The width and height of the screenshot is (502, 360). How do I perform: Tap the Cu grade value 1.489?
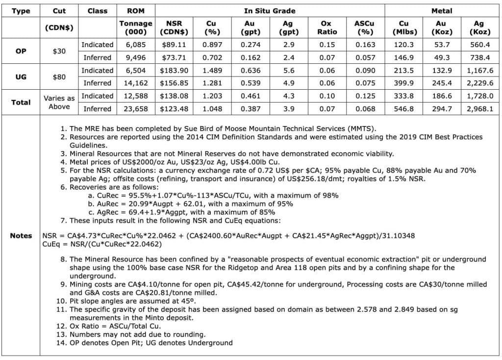211,70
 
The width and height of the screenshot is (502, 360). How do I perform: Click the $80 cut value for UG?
59,77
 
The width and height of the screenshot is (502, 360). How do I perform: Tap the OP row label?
21,51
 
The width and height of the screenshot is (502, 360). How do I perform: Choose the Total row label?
21,102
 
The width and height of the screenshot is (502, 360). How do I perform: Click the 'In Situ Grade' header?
270,10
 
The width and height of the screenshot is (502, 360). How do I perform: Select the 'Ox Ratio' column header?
327,27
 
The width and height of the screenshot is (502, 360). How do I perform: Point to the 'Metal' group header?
442,10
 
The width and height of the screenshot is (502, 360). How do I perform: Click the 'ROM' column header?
136,10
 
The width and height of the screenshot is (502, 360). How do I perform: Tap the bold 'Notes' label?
21,235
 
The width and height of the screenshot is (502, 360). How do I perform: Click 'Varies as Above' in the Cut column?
59,102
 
